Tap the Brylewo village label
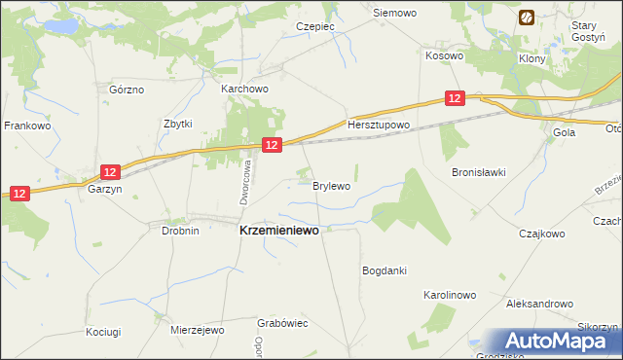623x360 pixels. [331, 185]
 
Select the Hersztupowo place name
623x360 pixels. [379, 126]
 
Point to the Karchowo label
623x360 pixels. [244, 89]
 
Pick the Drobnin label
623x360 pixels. [180, 231]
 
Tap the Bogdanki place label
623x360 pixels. [384, 270]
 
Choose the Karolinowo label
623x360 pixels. [449, 294]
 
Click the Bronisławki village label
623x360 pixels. [478, 172]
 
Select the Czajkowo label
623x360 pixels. [542, 234]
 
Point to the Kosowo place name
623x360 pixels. [444, 56]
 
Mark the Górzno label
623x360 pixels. [127, 90]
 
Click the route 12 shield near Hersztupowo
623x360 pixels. [455, 98]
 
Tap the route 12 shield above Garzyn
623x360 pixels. [111, 172]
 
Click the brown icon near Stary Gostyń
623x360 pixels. [527, 18]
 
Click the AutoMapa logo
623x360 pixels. [560, 342]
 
